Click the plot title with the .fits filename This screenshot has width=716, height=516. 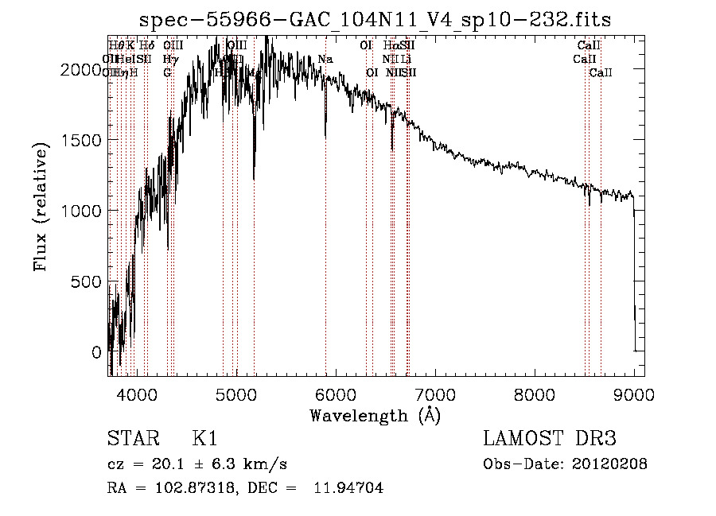click(x=376, y=19)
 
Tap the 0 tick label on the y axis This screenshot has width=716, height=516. click(x=96, y=352)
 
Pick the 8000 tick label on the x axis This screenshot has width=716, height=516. click(x=535, y=393)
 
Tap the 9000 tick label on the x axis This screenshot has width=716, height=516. click(x=634, y=393)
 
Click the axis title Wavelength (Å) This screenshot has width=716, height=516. click(x=375, y=415)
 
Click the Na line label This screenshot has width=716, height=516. click(x=325, y=59)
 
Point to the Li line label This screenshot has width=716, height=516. click(x=407, y=59)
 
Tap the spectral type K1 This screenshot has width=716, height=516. click(x=204, y=439)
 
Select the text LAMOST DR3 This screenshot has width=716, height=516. click(x=549, y=439)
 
